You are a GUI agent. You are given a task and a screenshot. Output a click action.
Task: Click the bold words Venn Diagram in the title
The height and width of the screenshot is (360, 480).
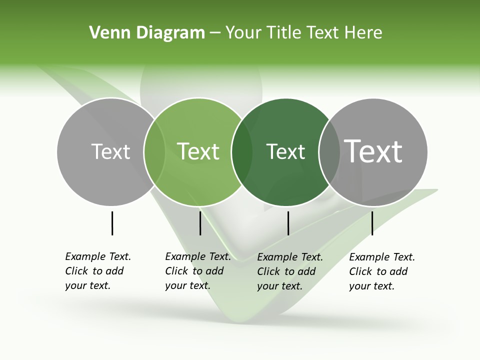click(147, 33)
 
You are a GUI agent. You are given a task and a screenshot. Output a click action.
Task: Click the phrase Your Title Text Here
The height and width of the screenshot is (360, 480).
click(303, 33)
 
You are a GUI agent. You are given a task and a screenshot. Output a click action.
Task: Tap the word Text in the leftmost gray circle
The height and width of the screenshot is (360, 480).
click(110, 151)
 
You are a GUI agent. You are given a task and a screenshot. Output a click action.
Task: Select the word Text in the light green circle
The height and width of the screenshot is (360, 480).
click(198, 151)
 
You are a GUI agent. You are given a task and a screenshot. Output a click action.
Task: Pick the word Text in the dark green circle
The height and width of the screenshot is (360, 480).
click(285, 151)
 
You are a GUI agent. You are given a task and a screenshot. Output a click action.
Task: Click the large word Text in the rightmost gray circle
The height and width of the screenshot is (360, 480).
click(373, 151)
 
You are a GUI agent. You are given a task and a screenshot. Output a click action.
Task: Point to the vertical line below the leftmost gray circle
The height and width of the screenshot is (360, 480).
click(112, 223)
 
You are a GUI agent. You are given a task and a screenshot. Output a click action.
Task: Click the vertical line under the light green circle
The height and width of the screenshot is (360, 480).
click(200, 223)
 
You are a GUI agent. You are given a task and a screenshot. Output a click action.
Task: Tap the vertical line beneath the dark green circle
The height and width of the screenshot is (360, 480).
click(288, 223)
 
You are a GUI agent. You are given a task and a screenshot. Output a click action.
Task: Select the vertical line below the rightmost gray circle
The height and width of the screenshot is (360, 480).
click(372, 223)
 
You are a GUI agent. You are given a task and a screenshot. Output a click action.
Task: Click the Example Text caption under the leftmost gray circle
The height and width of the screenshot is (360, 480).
click(97, 271)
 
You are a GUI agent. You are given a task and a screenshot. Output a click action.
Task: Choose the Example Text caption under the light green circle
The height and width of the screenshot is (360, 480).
click(197, 271)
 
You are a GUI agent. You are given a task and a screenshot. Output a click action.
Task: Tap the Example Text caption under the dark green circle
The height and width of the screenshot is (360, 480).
click(289, 271)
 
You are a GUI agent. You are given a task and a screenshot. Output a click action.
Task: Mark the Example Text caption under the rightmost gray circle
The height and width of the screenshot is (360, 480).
click(381, 271)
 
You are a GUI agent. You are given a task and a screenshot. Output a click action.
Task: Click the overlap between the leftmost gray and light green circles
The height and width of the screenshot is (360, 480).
click(154, 151)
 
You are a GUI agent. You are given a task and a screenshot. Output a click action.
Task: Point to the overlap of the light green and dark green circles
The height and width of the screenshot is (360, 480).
click(242, 151)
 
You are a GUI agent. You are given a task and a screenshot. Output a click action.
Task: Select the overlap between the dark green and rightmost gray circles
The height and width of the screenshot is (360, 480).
click(329, 151)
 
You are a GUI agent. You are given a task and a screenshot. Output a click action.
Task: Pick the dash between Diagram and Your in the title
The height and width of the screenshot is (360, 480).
click(215, 33)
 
